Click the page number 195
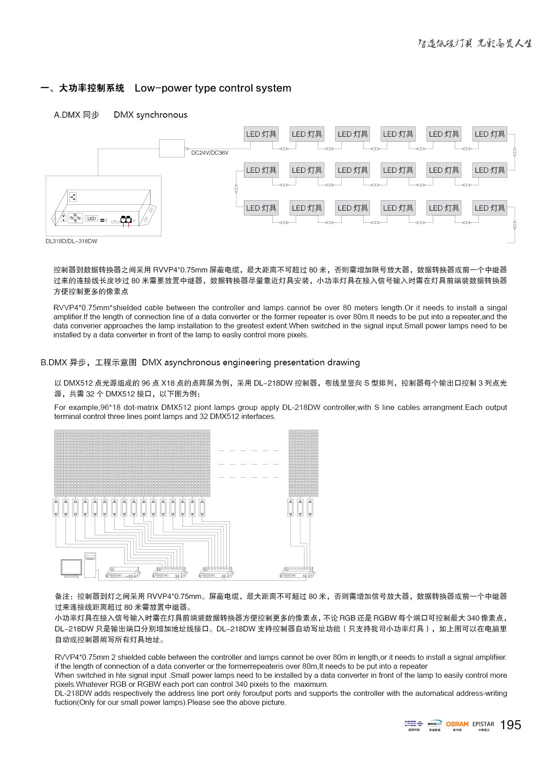[511, 725]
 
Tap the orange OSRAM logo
[457, 724]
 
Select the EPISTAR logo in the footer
[483, 724]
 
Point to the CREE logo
[413, 723]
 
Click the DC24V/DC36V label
[210, 153]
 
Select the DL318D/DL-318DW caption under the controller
[71, 241]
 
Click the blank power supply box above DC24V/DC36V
[172, 148]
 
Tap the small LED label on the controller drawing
[92, 219]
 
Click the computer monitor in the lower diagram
[71, 568]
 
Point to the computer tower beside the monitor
[90, 565]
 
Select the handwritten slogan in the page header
[475, 43]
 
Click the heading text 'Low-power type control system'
[213, 88]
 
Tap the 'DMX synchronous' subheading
[151, 115]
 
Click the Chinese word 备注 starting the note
[62, 596]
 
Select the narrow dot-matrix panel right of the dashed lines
[303, 463]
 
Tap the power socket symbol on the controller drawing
[73, 197]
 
